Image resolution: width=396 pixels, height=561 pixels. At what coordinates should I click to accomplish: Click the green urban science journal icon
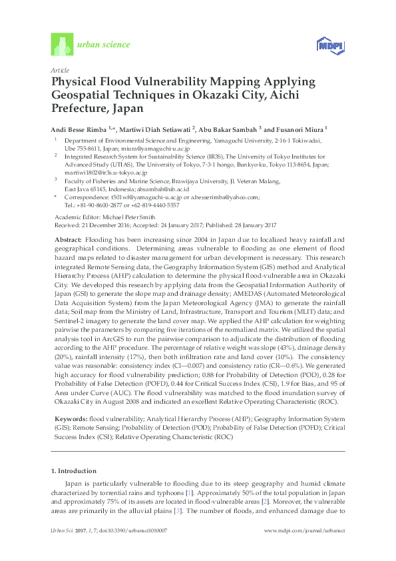(61, 45)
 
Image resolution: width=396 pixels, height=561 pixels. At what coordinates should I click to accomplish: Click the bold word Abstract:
(68, 239)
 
